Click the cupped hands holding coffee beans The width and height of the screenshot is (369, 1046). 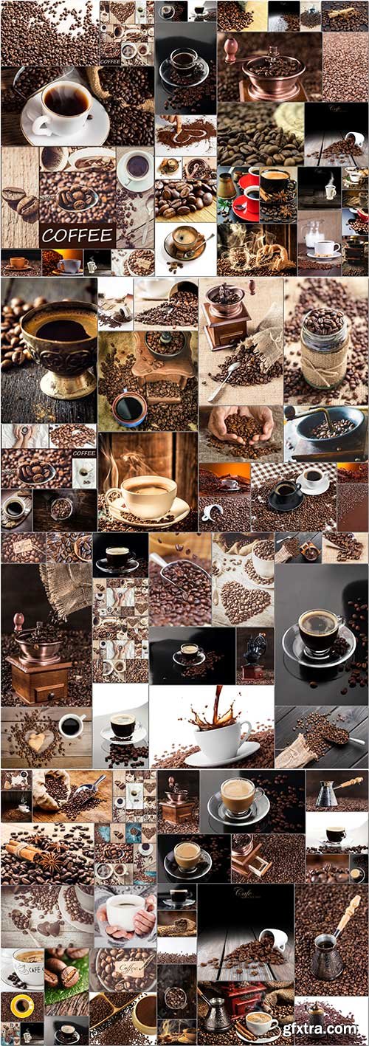240,427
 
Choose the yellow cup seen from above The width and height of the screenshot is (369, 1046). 21,1006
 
